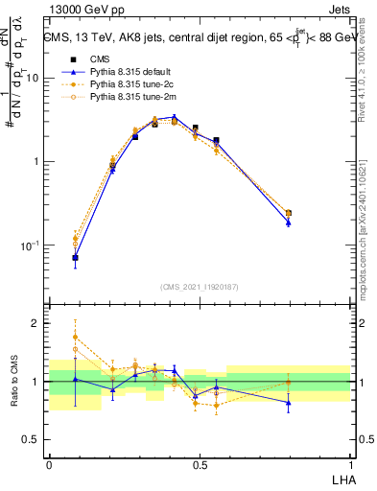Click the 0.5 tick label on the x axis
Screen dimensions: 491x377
[x=200, y=463]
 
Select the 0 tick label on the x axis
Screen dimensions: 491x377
[x=49, y=463]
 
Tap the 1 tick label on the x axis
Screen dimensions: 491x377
[x=350, y=463]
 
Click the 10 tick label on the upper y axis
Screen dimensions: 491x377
[x=32, y=79]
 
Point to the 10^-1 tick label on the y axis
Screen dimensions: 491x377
[x=29, y=245]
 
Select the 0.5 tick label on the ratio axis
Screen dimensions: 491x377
[x=32, y=440]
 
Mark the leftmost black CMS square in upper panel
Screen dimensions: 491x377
[x=75, y=258]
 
